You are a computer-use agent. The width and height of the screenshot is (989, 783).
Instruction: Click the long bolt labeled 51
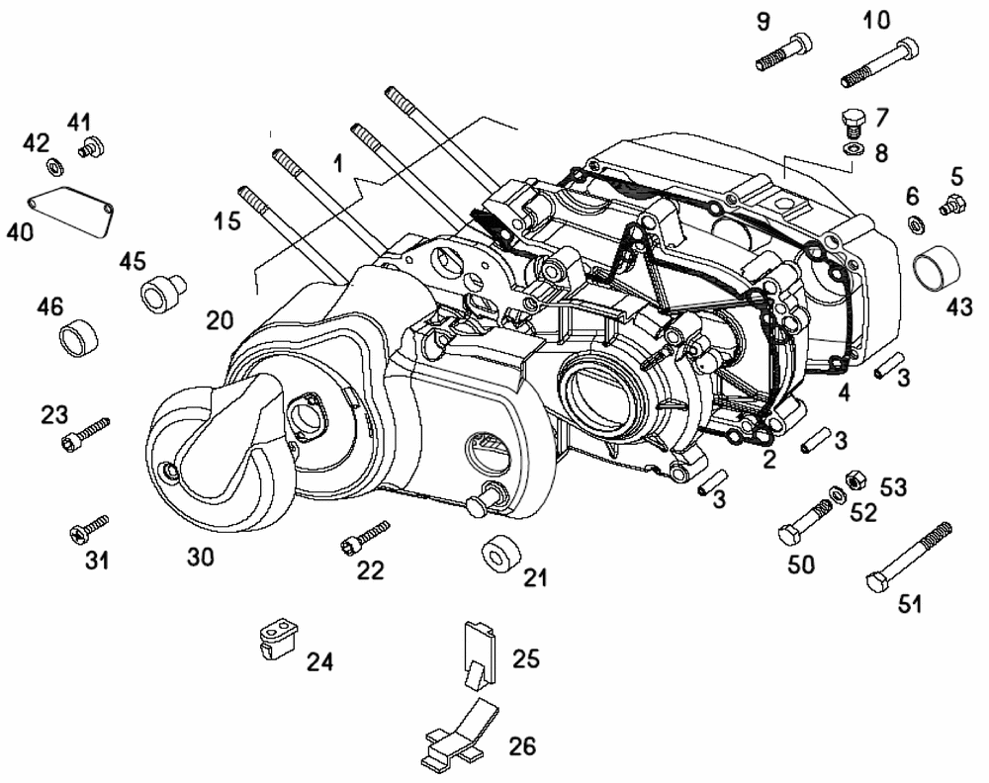pos(909,560)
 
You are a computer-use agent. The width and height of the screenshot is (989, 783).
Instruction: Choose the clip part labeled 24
pos(273,637)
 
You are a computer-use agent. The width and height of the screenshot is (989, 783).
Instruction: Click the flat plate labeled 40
pos(70,210)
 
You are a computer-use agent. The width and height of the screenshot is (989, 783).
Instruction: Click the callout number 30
pos(201,557)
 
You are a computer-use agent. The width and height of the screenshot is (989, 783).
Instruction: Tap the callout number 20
pos(220,319)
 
